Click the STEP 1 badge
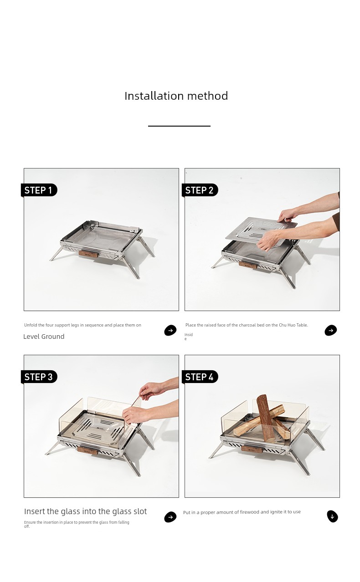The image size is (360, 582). click(39, 190)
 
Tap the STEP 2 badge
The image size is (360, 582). click(200, 190)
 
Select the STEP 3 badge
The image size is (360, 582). click(39, 377)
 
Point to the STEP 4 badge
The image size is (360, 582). click(200, 377)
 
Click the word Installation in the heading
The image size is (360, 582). click(154, 96)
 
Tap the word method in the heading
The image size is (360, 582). click(207, 96)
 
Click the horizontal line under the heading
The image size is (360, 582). click(179, 126)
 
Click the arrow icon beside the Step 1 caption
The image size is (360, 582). click(170, 330)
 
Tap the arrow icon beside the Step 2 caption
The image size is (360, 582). click(331, 330)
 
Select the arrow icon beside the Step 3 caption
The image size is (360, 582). click(170, 517)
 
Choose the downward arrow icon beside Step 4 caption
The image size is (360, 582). click(333, 516)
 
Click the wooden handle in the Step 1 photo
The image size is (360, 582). click(88, 254)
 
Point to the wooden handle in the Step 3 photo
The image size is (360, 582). click(87, 451)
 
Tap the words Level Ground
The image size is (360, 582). click(44, 337)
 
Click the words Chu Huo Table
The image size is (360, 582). click(293, 325)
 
